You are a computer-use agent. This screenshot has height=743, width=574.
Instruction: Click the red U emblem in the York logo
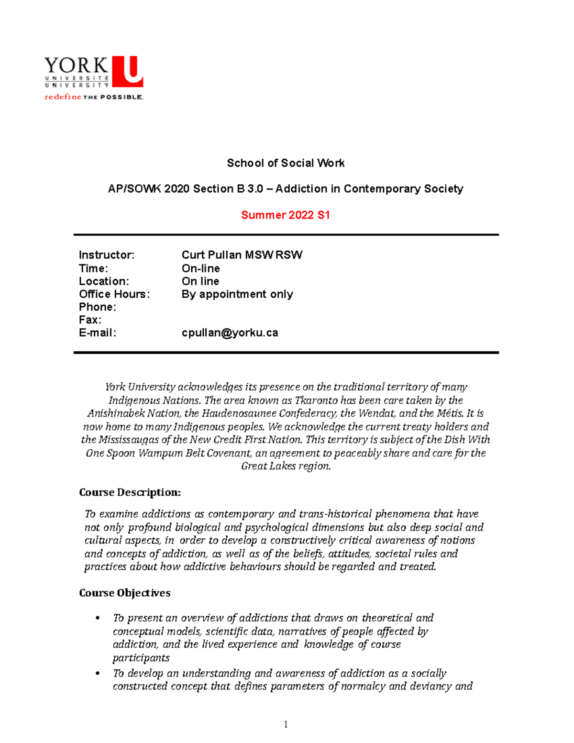point(128,71)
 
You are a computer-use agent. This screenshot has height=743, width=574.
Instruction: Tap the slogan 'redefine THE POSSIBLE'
point(94,97)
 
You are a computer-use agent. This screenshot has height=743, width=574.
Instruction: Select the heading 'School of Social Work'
point(286,163)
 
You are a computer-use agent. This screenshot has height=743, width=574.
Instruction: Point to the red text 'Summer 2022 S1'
point(286,215)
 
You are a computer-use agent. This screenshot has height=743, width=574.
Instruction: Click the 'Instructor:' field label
point(107,255)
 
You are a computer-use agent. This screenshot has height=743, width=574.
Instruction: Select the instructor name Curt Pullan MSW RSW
point(242,255)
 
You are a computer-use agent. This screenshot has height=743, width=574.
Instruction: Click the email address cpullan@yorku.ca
point(230,333)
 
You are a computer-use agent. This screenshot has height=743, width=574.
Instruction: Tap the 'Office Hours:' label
point(114,294)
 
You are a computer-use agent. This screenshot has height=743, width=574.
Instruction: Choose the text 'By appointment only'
point(237,294)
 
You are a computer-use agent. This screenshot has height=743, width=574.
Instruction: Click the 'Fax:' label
point(90,320)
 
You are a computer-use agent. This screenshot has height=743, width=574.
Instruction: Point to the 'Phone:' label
point(98,307)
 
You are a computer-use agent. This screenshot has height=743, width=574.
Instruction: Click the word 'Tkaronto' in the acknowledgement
point(316,400)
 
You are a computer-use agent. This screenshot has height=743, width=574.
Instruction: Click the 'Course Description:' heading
point(130,492)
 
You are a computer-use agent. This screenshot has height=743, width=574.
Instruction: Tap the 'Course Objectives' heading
point(124,593)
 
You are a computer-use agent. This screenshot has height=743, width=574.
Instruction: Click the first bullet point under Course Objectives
point(98,618)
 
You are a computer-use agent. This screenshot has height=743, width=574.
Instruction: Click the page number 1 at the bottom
point(286,724)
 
